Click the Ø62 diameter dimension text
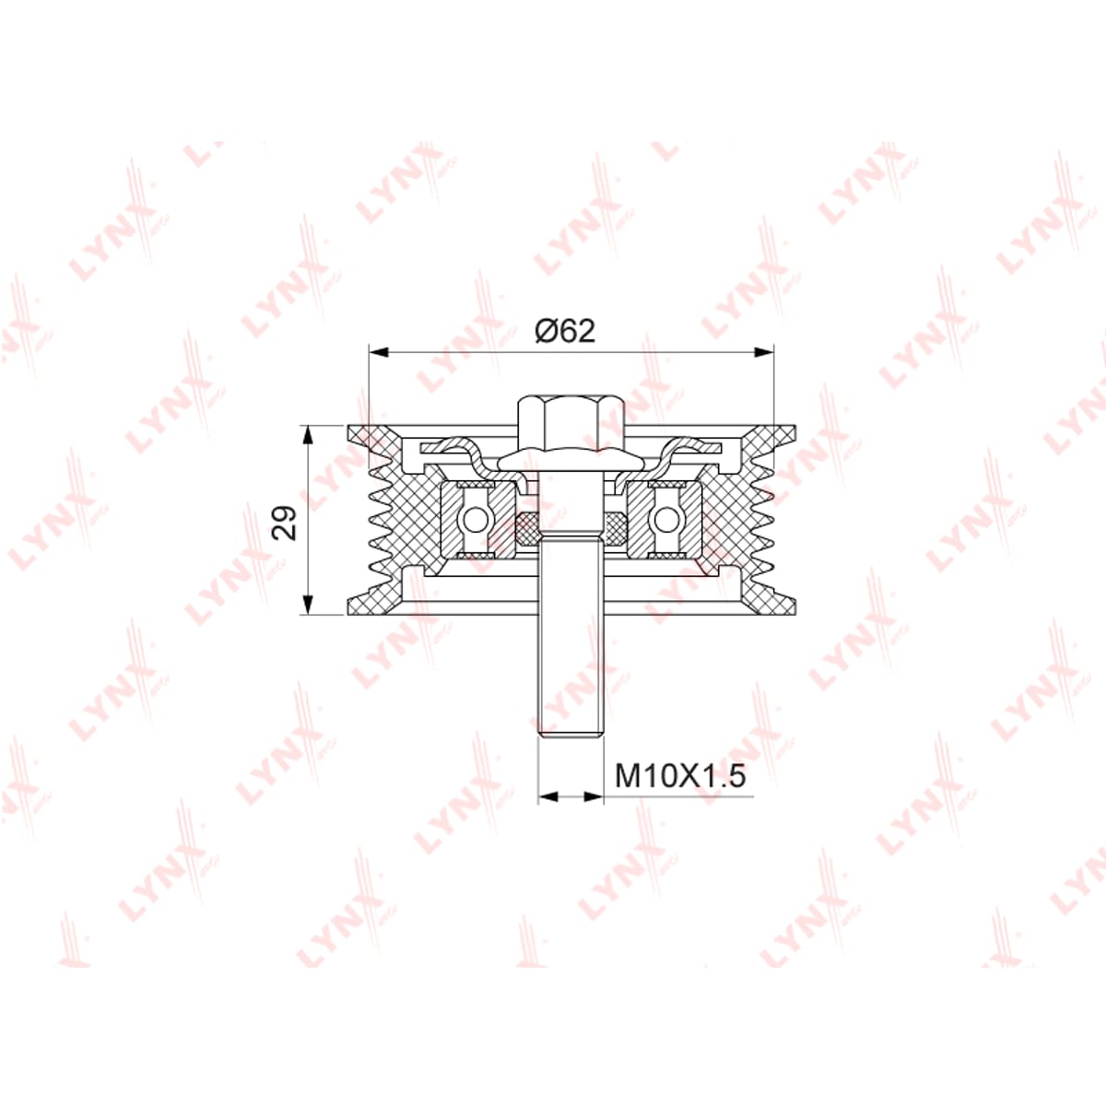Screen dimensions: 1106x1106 (x=565, y=332)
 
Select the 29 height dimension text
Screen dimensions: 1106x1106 (x=285, y=522)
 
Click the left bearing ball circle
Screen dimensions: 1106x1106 (x=475, y=521)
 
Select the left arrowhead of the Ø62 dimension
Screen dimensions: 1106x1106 (x=379, y=352)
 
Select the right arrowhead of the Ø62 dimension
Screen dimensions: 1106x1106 (x=763, y=352)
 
